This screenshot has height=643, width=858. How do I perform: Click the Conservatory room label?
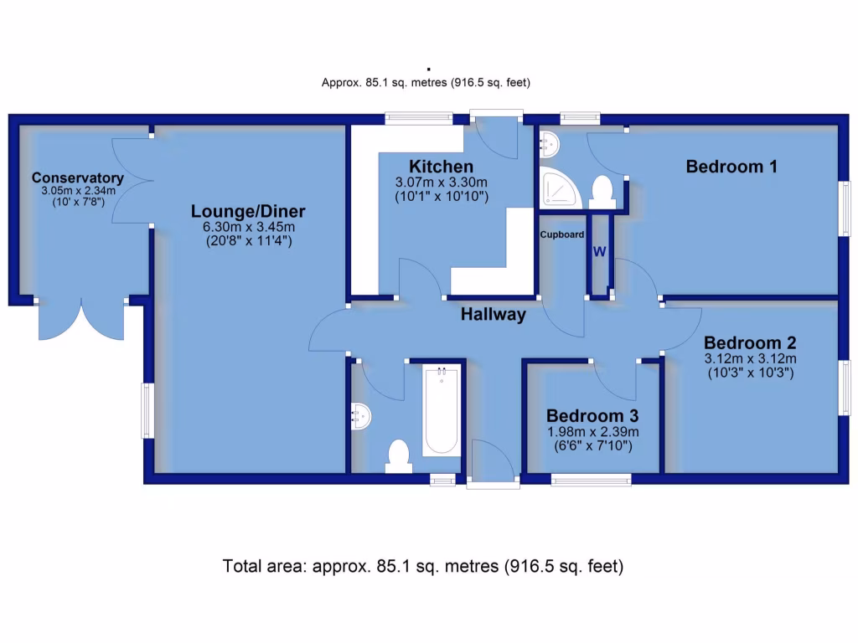(x=78, y=178)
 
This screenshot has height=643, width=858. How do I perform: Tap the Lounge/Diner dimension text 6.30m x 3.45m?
(x=246, y=227)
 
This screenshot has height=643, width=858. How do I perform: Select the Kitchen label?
(x=441, y=167)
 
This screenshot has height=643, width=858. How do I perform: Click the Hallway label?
(x=494, y=315)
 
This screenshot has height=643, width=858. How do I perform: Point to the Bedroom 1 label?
(x=731, y=167)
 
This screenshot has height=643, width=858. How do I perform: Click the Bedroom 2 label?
(x=749, y=343)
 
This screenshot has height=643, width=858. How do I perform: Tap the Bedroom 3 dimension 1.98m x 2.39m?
(x=592, y=432)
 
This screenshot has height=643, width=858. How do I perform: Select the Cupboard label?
(x=562, y=234)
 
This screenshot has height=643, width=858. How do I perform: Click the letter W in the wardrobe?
(x=600, y=251)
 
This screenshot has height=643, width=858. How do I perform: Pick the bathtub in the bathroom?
(x=441, y=410)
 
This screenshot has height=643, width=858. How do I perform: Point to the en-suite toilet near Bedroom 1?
(x=602, y=190)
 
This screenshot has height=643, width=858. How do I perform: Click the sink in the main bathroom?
(x=361, y=415)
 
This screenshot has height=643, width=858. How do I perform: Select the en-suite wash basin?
(x=549, y=144)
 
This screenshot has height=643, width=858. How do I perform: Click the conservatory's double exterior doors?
(x=80, y=319)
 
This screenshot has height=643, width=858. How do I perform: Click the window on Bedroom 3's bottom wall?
(x=591, y=480)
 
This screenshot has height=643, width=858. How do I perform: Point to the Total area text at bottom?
(x=423, y=566)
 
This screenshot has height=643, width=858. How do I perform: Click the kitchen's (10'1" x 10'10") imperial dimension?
(x=441, y=197)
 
